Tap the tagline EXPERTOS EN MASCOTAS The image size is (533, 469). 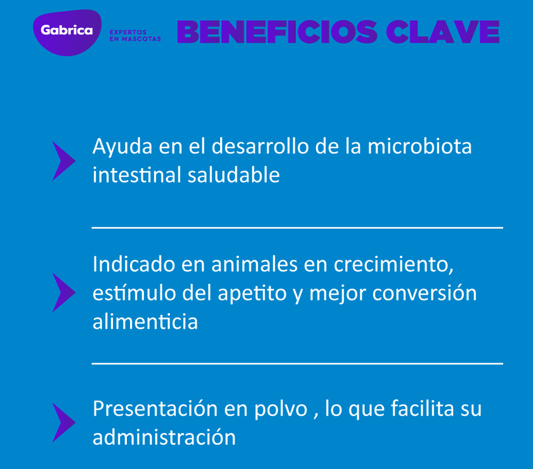point(135,35)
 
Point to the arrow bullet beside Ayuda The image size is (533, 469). point(63,161)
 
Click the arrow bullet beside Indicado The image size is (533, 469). point(63,293)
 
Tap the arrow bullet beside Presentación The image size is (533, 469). point(63,422)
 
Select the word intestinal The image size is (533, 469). point(137,176)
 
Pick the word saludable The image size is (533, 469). point(234,176)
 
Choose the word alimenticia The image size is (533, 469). point(145,322)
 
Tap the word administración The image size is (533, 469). point(164,437)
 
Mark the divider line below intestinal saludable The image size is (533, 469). point(297,228)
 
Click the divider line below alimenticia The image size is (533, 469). point(297,363)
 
